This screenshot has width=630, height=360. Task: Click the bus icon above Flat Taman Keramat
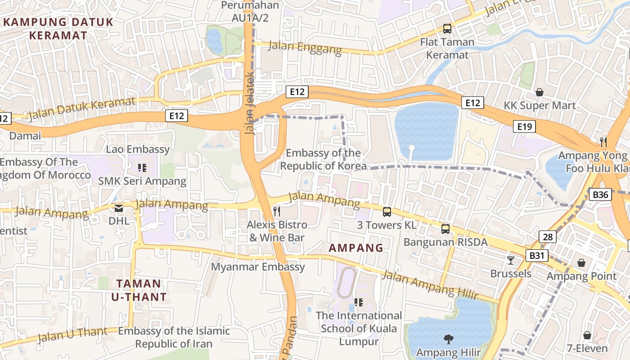[447, 29]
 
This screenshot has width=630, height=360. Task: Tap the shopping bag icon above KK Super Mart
[539, 92]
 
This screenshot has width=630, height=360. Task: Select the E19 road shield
[525, 127]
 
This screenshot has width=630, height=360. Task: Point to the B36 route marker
[600, 195]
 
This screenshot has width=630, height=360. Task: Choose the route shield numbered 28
[547, 237]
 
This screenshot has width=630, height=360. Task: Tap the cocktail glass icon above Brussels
[510, 260]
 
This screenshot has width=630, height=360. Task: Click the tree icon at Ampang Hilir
[448, 339]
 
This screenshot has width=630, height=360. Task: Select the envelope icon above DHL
[119, 208]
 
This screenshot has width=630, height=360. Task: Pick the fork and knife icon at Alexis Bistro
[277, 211]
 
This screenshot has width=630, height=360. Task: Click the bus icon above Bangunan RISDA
[445, 229]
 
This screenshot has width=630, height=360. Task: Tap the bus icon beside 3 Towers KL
[387, 211]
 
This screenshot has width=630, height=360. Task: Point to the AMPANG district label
[355, 248]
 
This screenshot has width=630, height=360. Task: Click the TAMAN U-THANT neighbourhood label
[139, 290]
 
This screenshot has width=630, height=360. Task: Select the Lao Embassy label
[138, 149]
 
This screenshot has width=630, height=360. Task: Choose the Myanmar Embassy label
[258, 267]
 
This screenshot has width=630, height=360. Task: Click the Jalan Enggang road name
[305, 47]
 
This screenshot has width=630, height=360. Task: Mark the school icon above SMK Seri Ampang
[142, 168]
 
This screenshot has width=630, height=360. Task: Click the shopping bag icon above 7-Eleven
[587, 335]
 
